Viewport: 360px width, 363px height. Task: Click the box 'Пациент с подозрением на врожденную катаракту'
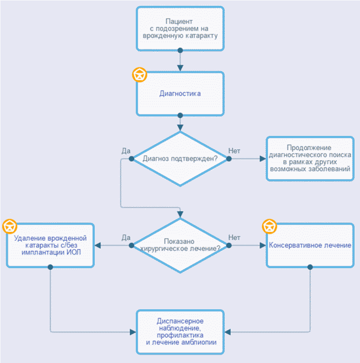(x=180, y=28)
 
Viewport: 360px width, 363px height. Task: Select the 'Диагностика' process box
(x=180, y=93)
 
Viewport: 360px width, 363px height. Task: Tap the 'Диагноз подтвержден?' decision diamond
(x=180, y=158)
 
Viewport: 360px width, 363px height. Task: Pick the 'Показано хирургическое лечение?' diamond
(x=180, y=245)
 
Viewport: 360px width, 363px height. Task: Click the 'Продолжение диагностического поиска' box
(x=309, y=159)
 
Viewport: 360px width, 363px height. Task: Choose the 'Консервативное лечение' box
(x=309, y=245)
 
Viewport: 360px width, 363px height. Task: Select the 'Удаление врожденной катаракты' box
(x=51, y=245)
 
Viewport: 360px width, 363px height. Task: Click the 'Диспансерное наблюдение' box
(x=180, y=331)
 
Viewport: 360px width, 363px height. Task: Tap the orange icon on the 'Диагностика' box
(x=139, y=75)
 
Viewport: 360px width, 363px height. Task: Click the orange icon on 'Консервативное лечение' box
(x=269, y=226)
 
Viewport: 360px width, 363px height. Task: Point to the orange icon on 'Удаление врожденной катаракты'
(x=9, y=226)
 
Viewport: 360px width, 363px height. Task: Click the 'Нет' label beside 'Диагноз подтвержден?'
(x=234, y=151)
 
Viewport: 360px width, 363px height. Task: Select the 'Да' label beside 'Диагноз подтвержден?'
(x=126, y=151)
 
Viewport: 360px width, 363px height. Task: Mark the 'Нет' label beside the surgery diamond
(x=234, y=238)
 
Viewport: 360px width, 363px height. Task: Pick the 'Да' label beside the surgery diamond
(x=126, y=238)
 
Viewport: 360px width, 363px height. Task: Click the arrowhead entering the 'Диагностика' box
(x=180, y=68)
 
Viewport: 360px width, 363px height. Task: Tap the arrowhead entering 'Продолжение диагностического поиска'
(x=263, y=158)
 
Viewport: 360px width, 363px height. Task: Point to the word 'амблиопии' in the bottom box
(x=199, y=342)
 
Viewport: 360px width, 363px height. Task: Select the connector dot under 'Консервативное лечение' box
(x=309, y=267)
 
